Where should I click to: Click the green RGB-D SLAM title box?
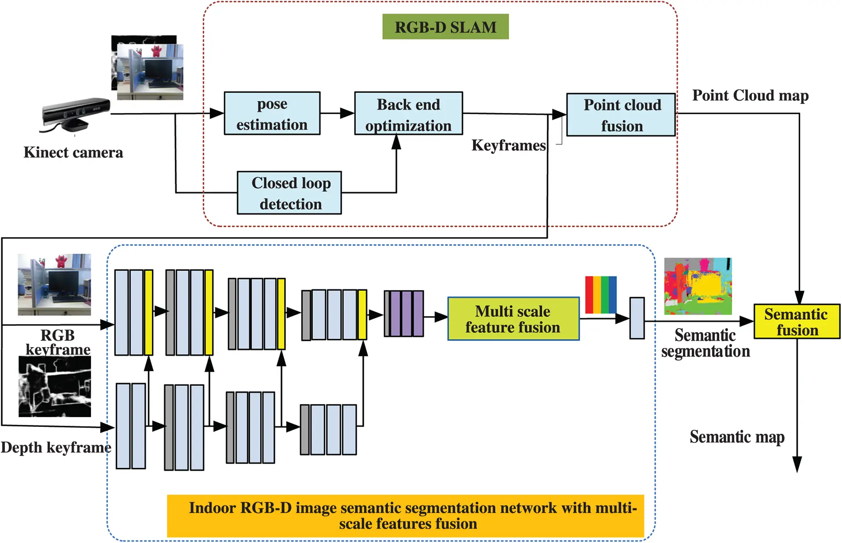(445, 27)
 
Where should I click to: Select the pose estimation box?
(272, 114)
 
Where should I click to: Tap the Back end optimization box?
(408, 114)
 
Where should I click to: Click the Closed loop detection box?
(289, 193)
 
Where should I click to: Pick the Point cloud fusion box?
(621, 115)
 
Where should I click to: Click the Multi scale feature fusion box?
(513, 319)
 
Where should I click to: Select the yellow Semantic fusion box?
(796, 321)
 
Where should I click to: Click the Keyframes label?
(508, 145)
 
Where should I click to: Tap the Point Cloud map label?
(750, 95)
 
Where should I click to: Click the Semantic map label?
(737, 437)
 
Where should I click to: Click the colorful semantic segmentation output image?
(697, 286)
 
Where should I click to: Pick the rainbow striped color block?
(600, 294)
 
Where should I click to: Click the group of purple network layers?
(404, 313)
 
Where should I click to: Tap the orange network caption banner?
(405, 516)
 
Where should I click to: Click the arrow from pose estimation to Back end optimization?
(337, 114)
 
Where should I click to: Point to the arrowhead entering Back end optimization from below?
(396, 141)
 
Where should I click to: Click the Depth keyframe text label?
(56, 447)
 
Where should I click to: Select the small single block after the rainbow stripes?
(636, 318)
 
